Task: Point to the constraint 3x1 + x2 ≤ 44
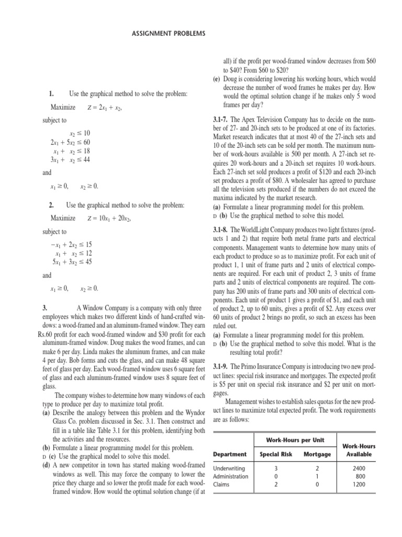[70, 159]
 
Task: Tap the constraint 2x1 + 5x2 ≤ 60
[70, 142]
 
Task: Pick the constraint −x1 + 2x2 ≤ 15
[72, 244]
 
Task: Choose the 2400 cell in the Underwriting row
[356, 468]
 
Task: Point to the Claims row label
[222, 485]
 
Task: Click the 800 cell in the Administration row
[356, 476]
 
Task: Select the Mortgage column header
[317, 454]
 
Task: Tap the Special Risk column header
[275, 454]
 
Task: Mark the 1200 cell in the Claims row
[356, 485]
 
